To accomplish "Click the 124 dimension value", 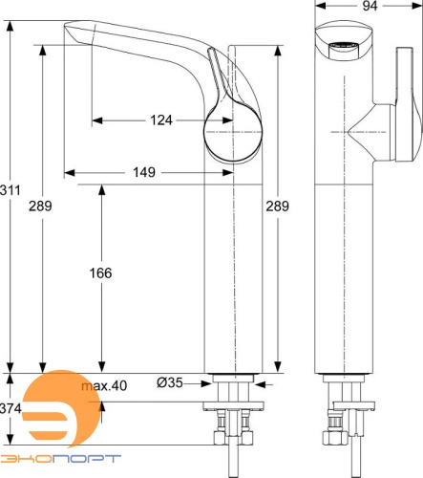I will pyautogui.click(x=162, y=120).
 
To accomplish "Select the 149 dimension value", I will pyautogui.click(x=144, y=173).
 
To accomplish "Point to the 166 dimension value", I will pyautogui.click(x=99, y=272).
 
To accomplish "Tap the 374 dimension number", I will pyautogui.click(x=11, y=409).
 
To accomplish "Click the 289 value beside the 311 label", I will pyautogui.click(x=40, y=205).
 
